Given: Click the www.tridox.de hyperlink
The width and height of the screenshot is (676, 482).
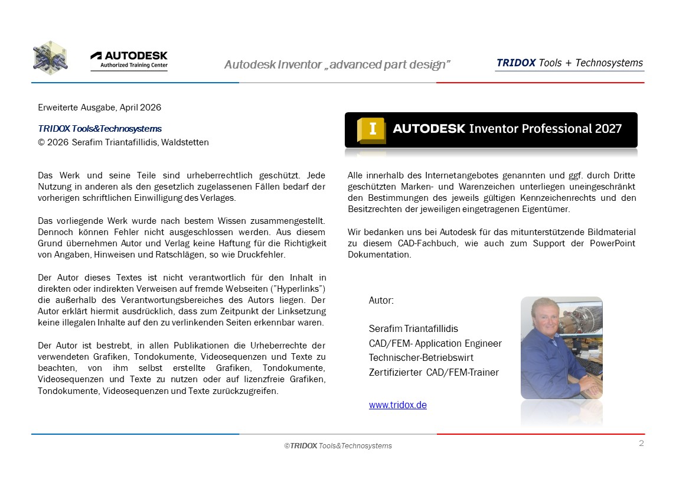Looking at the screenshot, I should [x=397, y=405].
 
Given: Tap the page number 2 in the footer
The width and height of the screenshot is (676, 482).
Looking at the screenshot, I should [x=641, y=443].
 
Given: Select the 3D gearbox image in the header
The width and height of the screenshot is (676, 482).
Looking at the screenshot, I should [x=50, y=58].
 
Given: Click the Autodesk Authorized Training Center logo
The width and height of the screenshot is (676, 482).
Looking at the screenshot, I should [x=129, y=60].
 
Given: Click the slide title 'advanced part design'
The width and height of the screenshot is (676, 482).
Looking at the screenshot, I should [x=337, y=64].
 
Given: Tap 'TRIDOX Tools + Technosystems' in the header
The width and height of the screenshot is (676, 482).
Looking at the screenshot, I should [x=569, y=63].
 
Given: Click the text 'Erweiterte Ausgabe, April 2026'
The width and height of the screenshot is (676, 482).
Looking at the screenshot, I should [x=99, y=108].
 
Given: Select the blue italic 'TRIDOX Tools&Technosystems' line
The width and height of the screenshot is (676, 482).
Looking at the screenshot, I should [x=99, y=128].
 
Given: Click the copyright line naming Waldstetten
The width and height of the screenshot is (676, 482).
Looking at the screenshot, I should [x=123, y=142].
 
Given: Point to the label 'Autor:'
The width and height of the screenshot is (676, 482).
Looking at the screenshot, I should [x=381, y=300].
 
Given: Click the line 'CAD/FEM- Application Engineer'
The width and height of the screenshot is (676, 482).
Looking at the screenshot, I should [x=435, y=343].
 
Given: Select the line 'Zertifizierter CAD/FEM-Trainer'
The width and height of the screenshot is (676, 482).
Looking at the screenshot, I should [x=433, y=372].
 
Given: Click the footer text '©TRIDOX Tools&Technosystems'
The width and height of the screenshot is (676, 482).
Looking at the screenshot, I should [x=338, y=445].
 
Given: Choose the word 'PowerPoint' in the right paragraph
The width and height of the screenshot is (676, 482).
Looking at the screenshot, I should [x=614, y=244].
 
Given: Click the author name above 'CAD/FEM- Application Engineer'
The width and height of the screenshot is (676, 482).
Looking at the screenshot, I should [x=413, y=328].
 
